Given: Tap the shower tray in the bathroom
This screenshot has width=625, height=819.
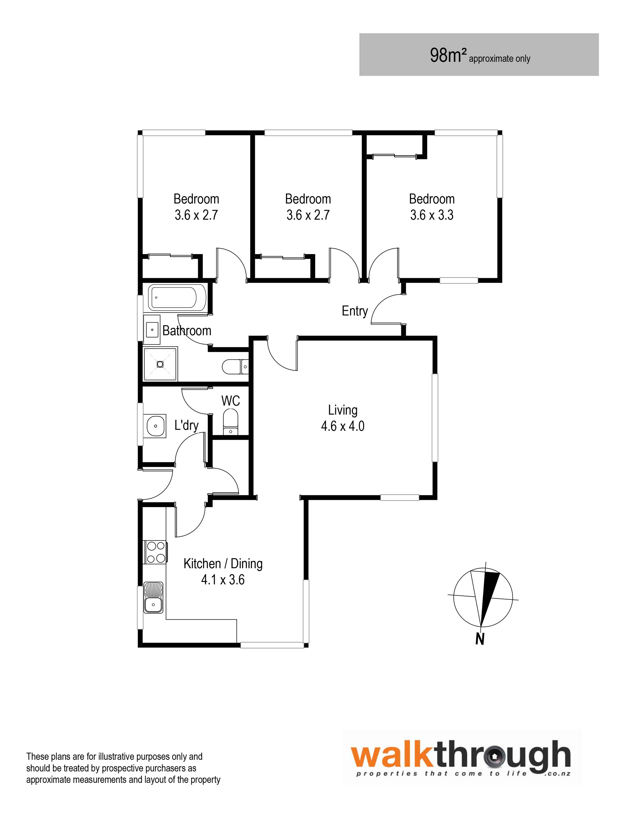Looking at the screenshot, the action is tap(160, 364).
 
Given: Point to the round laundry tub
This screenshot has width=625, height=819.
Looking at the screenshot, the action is tap(155, 426).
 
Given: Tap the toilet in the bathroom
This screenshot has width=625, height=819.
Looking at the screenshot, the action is tap(235, 367).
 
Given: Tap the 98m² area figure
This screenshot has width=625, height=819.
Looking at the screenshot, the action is tap(448, 55).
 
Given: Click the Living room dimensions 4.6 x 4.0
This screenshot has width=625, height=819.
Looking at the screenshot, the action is tap(343, 426).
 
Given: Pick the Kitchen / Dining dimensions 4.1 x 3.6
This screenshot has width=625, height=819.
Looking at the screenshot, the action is tap(223, 580).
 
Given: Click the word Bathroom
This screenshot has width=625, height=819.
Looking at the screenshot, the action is tap(187, 331).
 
